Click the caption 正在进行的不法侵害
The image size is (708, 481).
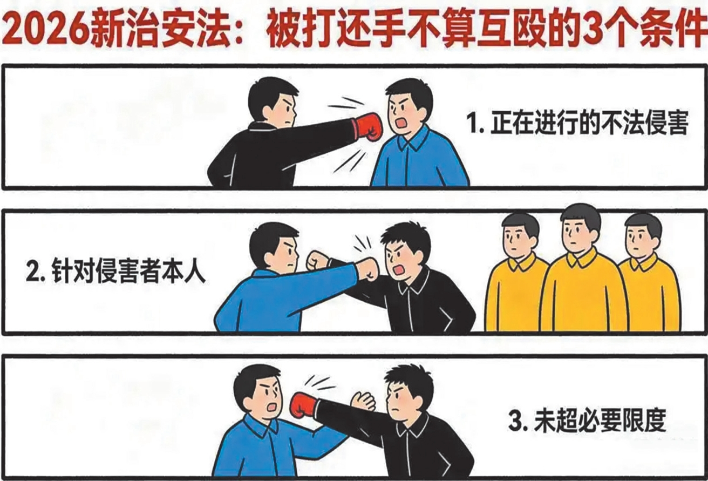tap(578, 124)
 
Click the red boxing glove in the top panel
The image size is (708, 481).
tap(369, 127)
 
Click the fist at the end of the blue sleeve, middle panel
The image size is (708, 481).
tap(367, 269)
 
